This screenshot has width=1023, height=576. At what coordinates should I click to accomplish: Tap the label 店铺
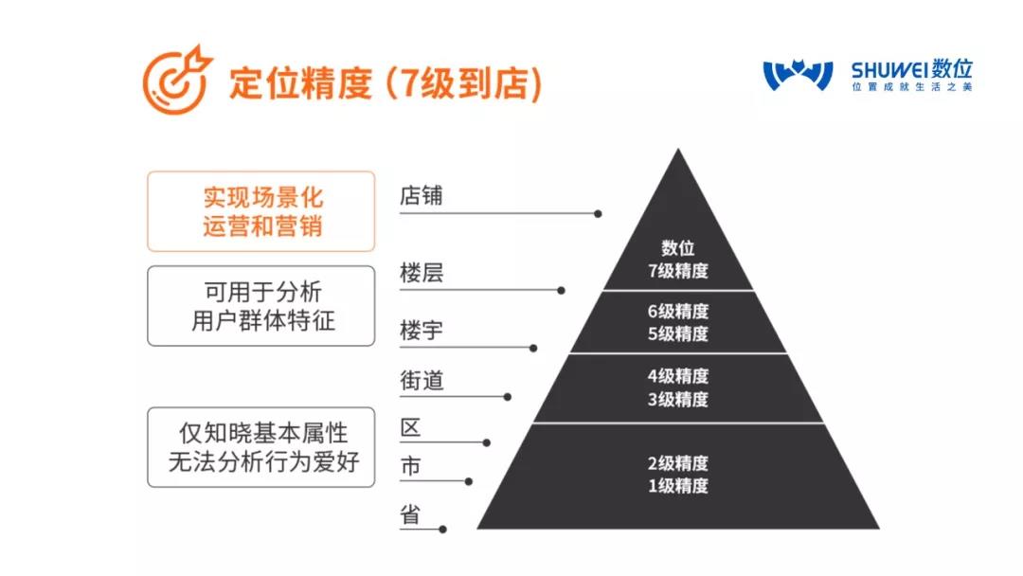point(422,195)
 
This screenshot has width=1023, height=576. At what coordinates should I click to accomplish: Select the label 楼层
point(422,272)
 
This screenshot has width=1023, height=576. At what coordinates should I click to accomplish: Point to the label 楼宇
point(422,330)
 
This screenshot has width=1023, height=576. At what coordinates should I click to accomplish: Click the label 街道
point(422,380)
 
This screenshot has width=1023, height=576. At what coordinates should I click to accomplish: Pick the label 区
point(410,428)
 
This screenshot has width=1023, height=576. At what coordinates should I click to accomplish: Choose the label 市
point(410,466)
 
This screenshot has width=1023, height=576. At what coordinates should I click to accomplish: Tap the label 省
point(410,514)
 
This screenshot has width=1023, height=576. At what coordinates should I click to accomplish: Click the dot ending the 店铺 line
point(598,214)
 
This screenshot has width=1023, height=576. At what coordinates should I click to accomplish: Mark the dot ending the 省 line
point(443,529)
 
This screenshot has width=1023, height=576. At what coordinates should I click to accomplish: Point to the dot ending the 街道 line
point(508,397)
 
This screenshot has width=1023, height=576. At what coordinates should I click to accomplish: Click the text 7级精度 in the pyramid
point(678,271)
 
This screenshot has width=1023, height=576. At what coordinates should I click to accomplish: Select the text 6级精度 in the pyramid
point(678,311)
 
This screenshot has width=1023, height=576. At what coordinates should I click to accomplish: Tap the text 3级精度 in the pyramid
point(678,399)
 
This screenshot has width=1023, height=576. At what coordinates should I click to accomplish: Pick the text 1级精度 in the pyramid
point(678,486)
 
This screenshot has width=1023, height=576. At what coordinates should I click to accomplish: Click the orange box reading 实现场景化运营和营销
point(261,211)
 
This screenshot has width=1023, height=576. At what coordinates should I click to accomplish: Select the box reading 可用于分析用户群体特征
point(261,306)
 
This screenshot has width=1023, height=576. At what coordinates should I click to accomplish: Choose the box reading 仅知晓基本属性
point(261,447)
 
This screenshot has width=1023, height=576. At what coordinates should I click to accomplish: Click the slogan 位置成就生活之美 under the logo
point(912,87)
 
